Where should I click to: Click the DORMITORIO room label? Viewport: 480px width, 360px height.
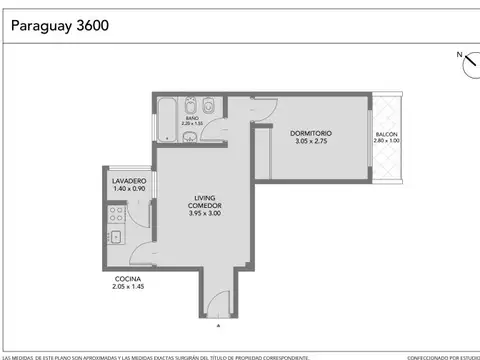tap(311, 133)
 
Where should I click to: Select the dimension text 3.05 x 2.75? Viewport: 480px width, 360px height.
tap(311, 141)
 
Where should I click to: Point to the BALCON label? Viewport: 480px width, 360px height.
tap(386, 134)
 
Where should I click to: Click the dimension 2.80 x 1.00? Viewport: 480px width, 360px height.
tap(386, 141)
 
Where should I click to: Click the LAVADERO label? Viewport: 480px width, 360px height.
tap(129, 181)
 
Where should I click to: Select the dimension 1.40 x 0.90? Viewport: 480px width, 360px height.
tap(129, 189)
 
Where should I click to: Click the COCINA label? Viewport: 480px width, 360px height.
tap(127, 279)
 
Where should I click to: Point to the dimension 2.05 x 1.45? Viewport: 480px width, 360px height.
tap(127, 287)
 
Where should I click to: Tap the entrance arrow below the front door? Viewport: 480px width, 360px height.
tap(219, 325)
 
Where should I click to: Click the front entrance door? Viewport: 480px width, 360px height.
tap(219, 303)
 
